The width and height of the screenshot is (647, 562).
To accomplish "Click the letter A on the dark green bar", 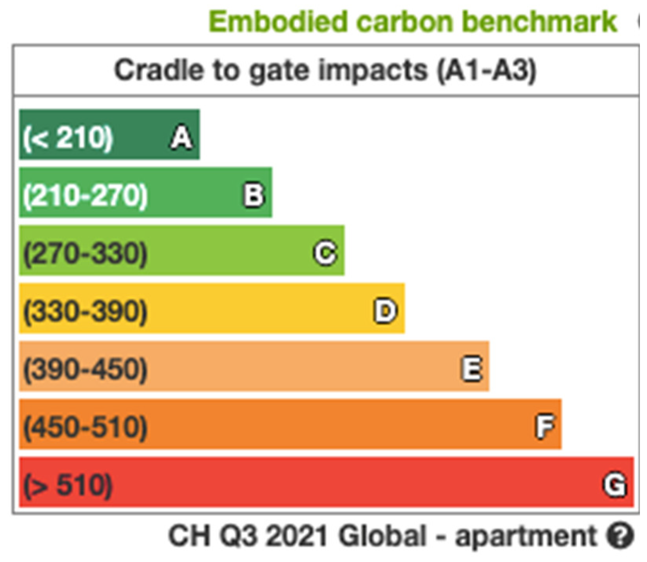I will [181, 138].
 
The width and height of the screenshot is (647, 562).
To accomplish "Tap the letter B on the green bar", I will [254, 195].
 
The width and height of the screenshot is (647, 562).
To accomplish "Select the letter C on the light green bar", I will [325, 253].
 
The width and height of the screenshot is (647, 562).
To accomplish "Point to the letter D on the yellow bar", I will [386, 311].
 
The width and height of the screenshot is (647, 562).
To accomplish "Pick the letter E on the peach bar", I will [471, 369].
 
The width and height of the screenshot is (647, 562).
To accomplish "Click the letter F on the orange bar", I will [545, 426].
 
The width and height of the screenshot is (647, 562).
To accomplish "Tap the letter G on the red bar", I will [614, 485].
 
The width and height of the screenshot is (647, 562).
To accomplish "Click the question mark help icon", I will [620, 535].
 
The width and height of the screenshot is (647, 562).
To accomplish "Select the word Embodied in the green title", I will [278, 22].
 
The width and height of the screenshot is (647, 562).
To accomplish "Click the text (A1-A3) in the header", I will [486, 71].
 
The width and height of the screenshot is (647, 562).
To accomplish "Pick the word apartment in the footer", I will [526, 536].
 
